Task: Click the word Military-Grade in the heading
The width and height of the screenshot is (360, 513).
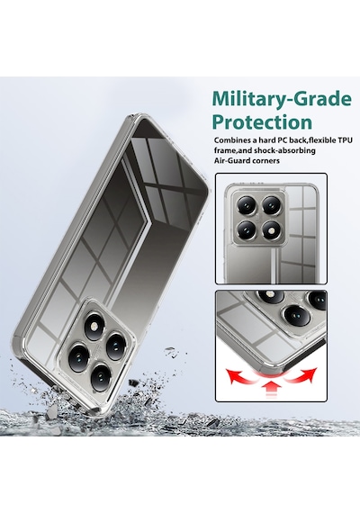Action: point(282,99)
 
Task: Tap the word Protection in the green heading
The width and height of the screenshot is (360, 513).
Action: point(262,122)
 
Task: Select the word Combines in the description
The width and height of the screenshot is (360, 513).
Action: point(230,140)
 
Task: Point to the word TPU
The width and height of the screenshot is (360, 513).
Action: point(346,140)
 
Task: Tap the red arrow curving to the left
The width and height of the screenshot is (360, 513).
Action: point(243,376)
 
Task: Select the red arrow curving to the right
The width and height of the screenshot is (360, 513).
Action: point(300,375)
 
